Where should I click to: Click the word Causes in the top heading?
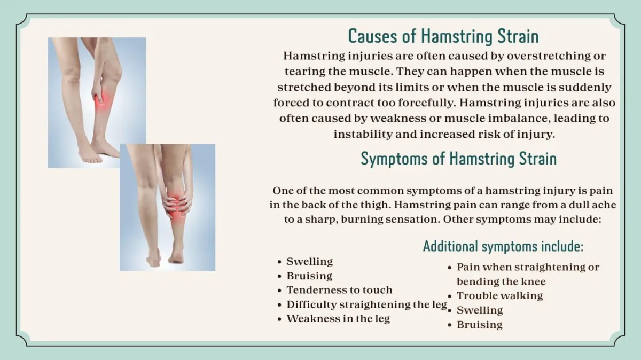pos(373,36)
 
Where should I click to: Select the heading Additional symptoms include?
pos(503,246)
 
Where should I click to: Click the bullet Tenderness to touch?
pos(339,290)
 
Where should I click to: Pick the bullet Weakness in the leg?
pos(338,319)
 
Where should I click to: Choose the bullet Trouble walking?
pos(499,296)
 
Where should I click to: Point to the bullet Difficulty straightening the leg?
pos(367,305)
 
